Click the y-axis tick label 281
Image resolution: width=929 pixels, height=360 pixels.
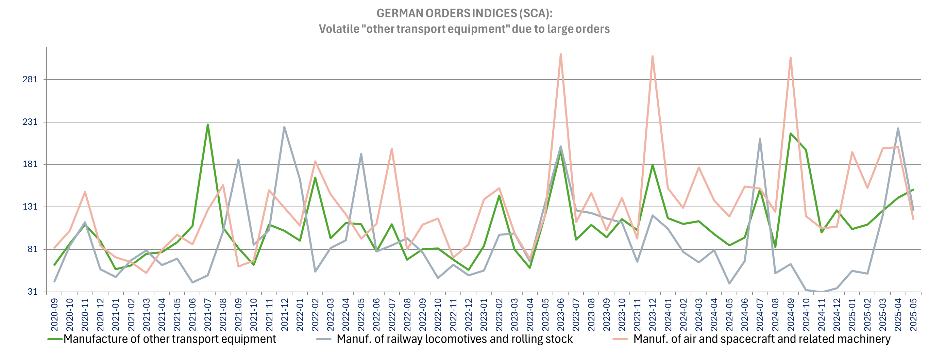coord(30,79)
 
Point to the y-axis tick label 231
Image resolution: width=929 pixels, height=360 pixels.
coord(30,122)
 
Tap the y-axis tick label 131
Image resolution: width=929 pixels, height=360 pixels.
coord(30,207)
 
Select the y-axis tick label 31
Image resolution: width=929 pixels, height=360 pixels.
coord(32,292)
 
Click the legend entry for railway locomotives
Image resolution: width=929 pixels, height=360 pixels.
coord(454,339)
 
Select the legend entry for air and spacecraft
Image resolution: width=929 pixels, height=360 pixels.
coord(762,339)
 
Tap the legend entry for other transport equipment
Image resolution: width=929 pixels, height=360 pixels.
coord(169,339)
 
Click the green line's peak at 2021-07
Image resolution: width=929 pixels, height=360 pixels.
coord(208,125)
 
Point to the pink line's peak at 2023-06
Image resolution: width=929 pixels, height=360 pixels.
coord(561,54)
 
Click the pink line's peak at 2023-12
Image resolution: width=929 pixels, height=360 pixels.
coord(653,56)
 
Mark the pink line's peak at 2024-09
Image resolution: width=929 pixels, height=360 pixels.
coord(791,58)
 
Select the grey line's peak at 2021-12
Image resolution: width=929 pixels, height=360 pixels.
coord(284,127)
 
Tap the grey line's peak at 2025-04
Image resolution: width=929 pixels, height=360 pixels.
coord(898,128)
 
